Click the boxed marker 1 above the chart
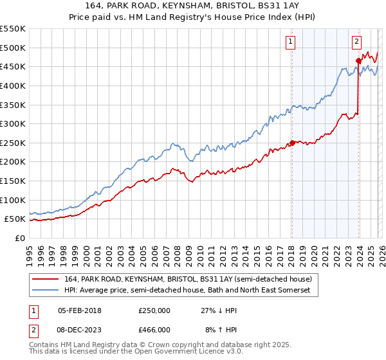[x=291, y=42]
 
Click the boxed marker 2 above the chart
[x=356, y=42]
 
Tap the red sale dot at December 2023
[x=358, y=61]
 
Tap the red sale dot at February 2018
[x=291, y=143]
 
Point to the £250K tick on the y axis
[x=14, y=143]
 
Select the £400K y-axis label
[x=14, y=85]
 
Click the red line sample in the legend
[x=45, y=279]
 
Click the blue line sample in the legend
[x=45, y=291]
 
